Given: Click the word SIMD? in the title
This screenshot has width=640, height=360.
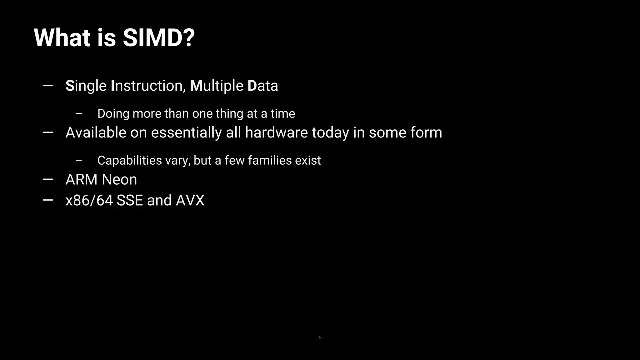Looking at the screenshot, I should (159, 38).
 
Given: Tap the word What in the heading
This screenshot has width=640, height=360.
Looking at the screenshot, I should (62, 38).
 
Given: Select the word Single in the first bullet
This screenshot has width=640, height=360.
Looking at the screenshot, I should (86, 86).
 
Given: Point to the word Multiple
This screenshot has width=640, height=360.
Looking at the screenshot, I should (217, 86).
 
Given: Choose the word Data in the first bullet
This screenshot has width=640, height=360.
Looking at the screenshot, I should (262, 86).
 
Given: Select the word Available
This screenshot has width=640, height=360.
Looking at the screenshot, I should (96, 132).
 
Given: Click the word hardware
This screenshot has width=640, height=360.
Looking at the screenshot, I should (276, 132).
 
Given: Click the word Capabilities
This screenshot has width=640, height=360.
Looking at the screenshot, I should (130, 161).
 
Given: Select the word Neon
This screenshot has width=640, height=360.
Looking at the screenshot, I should (119, 180).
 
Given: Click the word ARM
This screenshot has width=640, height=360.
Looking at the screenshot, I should (81, 180).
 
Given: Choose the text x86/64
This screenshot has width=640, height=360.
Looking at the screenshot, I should (89, 200).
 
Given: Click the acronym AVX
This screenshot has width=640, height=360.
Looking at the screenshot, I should (190, 200).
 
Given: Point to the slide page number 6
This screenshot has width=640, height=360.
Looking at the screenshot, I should (320, 337).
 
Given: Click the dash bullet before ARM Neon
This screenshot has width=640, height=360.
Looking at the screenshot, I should (47, 179).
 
